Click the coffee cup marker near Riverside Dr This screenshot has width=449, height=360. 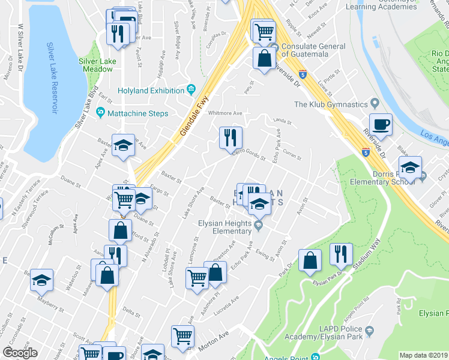[381, 125]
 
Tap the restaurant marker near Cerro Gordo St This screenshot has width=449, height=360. [230, 139]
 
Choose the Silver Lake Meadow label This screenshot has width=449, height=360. [95, 65]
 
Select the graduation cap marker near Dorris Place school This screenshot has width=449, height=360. [410, 168]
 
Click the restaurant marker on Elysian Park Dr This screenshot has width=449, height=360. [341, 255]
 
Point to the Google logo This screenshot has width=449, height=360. [20, 353]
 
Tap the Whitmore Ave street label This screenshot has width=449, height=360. [224, 113]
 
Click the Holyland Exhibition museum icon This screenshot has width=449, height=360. [191, 91]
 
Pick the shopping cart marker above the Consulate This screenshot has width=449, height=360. [264, 31]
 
